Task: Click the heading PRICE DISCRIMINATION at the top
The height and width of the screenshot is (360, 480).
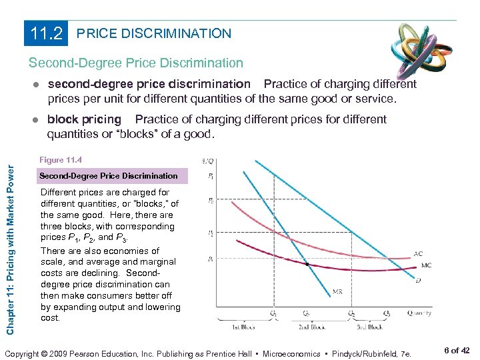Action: pos(154,33)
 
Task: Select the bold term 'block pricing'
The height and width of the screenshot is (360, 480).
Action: pos(84,120)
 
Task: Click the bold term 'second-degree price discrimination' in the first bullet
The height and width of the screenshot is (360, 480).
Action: pos(149,85)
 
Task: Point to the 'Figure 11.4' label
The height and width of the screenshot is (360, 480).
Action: pos(61,160)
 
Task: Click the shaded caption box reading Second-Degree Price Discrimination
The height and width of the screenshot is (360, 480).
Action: pos(109,176)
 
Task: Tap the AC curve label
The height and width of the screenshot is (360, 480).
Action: pos(419,254)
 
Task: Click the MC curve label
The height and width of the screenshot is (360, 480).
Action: pos(426,265)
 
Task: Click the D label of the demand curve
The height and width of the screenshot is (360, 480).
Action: pos(418,281)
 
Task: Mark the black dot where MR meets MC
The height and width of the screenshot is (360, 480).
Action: pos(307,265)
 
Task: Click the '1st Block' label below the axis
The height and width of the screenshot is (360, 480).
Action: pos(244,327)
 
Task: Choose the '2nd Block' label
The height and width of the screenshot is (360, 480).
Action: pos(311,327)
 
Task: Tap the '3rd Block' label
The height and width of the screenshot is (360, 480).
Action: pos(369,327)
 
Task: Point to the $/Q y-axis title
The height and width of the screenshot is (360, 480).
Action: pos(207,161)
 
